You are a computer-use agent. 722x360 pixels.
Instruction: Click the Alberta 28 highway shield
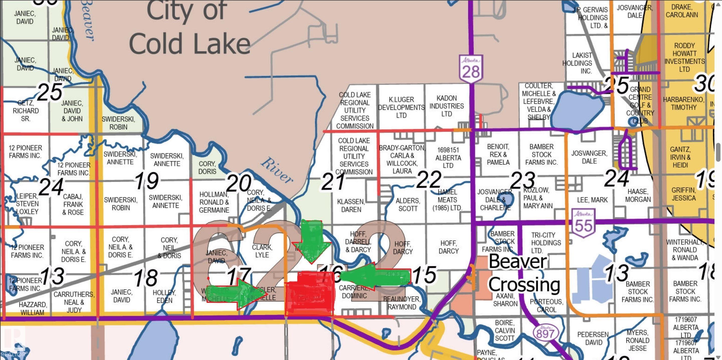(471, 69)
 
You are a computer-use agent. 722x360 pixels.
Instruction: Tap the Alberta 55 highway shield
(584, 223)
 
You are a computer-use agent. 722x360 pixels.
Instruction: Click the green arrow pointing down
(312, 241)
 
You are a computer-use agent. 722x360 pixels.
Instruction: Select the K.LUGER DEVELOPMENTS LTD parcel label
(401, 107)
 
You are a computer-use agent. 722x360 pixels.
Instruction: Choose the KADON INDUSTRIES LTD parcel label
(446, 106)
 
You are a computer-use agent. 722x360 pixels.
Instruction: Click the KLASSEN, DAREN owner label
(351, 206)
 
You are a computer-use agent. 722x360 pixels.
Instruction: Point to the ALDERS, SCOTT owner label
(408, 205)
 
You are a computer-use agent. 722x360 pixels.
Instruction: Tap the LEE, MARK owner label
(592, 200)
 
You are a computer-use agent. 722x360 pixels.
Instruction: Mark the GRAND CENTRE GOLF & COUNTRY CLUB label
(641, 105)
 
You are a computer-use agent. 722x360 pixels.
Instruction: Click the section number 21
(333, 182)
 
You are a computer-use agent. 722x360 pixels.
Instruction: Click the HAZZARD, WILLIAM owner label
(33, 308)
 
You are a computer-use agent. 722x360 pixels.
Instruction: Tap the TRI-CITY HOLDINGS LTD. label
(546, 242)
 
